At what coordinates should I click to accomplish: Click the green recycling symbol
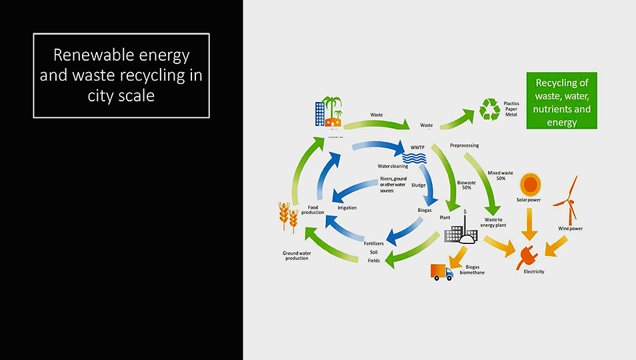490,109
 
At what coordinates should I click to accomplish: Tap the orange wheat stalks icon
288,216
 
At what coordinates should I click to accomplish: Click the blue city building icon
321,113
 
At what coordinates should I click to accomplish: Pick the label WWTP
418,147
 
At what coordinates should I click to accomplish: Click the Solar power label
529,200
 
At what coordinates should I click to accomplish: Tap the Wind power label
570,229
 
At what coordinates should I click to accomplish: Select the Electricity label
533,271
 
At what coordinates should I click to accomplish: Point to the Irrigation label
347,208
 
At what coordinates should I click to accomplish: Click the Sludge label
418,185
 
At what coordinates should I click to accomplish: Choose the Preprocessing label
464,145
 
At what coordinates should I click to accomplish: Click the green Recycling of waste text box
561,100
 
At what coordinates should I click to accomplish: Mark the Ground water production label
295,255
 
